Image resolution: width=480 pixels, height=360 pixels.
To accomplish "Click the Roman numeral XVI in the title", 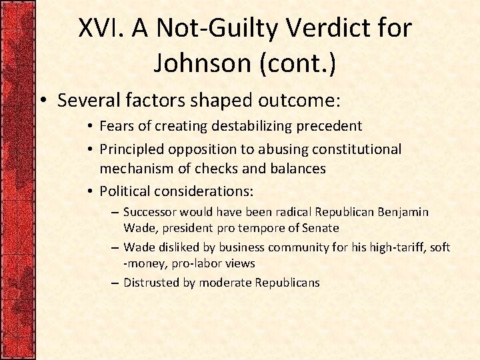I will click(101, 29).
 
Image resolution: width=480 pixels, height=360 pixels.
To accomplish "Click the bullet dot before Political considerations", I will click(91, 192).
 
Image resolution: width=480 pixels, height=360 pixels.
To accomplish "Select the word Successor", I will click(151, 213).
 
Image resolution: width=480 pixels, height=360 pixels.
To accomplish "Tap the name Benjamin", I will click(402, 213).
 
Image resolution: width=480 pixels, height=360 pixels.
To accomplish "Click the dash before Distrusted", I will click(116, 283).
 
